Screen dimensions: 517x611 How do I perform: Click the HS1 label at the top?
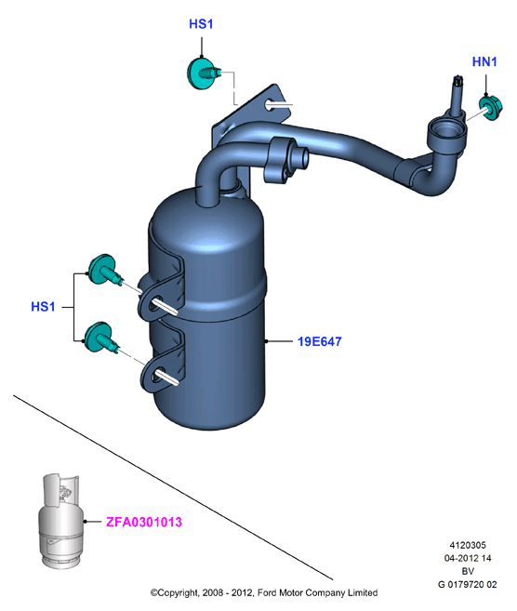[x=201, y=24]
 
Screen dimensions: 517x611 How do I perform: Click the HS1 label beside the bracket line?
[x=43, y=307]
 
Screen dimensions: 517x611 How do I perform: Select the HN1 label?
[x=484, y=61]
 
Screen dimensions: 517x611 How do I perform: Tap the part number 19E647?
[x=320, y=341]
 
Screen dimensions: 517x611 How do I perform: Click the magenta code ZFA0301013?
[x=144, y=522]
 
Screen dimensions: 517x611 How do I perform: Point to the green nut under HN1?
[x=491, y=108]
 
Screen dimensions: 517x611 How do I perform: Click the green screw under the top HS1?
[x=204, y=73]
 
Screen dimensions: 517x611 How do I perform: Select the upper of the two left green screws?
[x=105, y=270]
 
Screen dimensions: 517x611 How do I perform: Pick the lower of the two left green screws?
[x=101, y=338]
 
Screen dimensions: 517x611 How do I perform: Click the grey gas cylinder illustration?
[x=60, y=521]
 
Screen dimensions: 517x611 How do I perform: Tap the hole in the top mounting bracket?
[x=271, y=104]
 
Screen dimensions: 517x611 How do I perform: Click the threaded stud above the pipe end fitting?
[x=457, y=95]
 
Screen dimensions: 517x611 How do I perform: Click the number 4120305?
[x=468, y=545]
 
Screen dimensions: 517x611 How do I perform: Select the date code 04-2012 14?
[x=468, y=558]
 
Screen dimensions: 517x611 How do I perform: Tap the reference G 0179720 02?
[x=468, y=585]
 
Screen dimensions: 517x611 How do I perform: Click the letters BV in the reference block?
[x=468, y=571]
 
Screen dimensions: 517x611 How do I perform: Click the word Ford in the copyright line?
[x=267, y=592]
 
